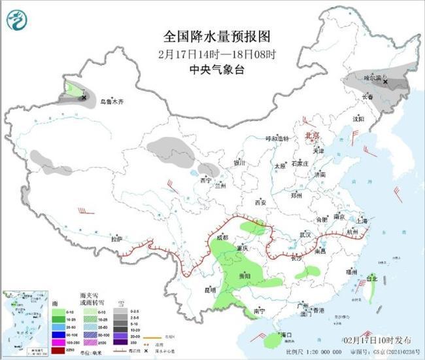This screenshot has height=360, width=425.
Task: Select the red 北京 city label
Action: pos(312,135)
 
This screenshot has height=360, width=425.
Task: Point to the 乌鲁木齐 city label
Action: pos(112,102)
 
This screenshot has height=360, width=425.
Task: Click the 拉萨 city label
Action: pos(116,239)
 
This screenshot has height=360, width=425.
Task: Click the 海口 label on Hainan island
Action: pos(285,334)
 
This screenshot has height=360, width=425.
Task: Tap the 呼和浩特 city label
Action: pos(276,139)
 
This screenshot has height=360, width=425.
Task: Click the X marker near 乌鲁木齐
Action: pos(84,98)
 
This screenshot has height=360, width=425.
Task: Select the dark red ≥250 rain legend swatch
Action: pos(58,351)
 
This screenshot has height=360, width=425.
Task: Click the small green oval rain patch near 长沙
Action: pos(306,272)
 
